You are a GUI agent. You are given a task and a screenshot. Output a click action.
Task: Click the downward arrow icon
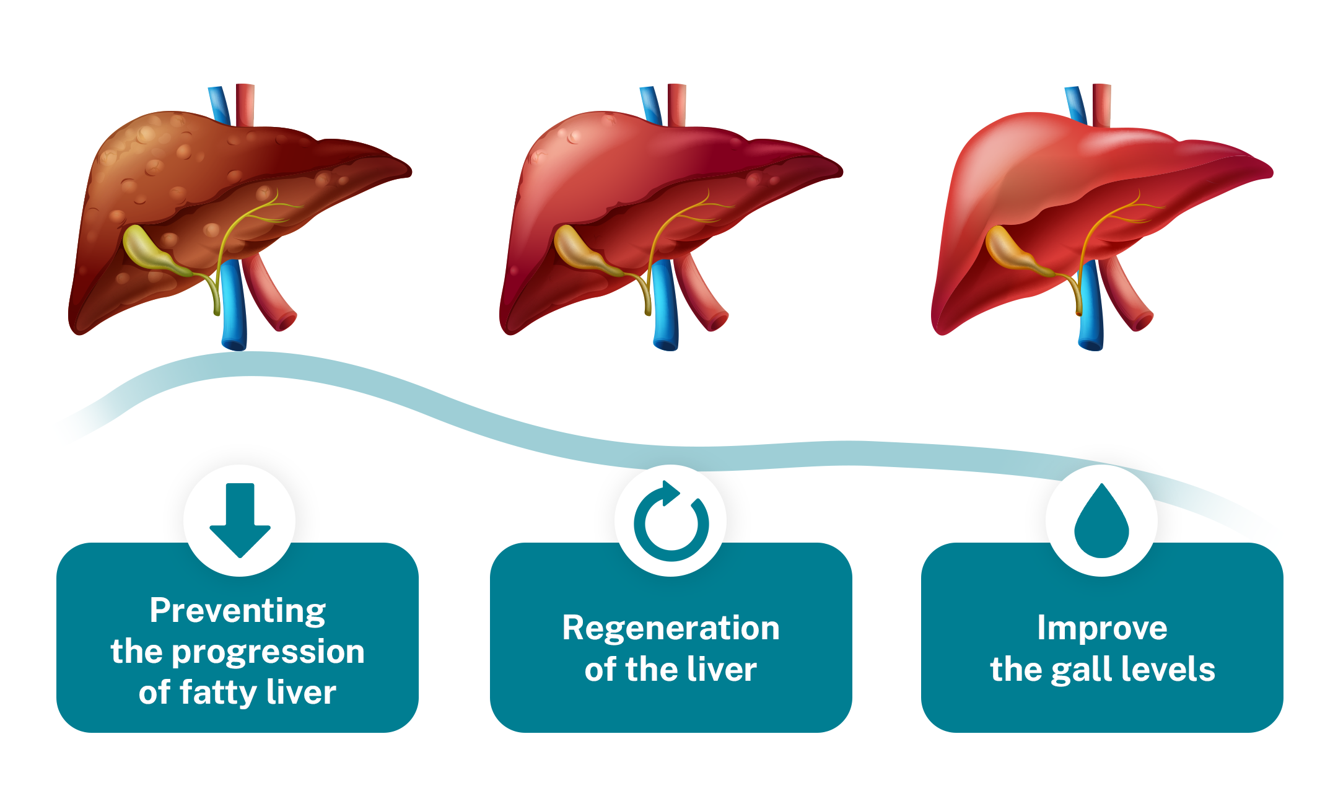(240, 519)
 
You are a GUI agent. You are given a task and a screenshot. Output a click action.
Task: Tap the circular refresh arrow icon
(671, 522)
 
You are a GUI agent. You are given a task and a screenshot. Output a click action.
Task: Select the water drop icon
(1101, 523)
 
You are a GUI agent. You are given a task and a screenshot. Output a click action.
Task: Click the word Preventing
(237, 611)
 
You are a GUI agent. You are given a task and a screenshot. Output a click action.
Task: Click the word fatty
(217, 692)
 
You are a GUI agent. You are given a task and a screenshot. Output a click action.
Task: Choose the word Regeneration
(671, 628)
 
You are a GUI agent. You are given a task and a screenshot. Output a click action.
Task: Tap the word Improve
(1102, 628)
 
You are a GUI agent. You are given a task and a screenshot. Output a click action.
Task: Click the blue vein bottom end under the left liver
(234, 341)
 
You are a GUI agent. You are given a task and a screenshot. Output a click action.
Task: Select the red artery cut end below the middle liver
(717, 321)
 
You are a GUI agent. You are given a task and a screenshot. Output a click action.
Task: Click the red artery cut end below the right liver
(1142, 321)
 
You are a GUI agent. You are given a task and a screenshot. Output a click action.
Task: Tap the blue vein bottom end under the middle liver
(666, 341)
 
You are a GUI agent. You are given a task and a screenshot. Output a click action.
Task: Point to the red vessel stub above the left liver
(246, 102)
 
